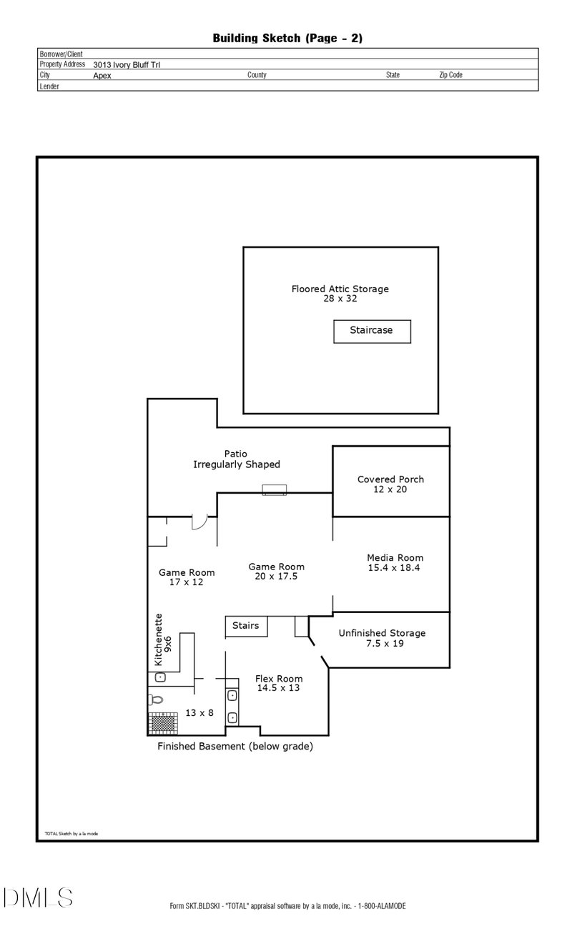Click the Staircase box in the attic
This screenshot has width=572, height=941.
click(x=372, y=331)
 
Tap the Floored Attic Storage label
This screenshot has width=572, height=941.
click(x=340, y=294)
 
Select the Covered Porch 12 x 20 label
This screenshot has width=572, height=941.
click(x=390, y=484)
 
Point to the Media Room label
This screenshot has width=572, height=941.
click(x=395, y=562)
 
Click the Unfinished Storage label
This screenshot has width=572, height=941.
click(x=382, y=638)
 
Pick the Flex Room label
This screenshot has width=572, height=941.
click(x=279, y=683)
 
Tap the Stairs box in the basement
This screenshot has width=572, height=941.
click(x=246, y=626)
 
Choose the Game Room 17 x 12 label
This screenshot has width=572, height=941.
click(x=186, y=577)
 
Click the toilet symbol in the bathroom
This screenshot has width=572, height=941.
click(x=157, y=700)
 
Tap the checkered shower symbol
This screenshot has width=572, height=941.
click(x=163, y=723)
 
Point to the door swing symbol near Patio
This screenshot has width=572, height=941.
click(x=199, y=523)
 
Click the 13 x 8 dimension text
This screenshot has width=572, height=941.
click(x=199, y=712)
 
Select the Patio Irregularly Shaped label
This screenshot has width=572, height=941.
click(x=237, y=459)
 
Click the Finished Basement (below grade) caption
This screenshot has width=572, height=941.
click(x=235, y=747)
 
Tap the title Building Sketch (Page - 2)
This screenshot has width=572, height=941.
click(x=287, y=38)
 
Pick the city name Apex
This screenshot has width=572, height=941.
click(x=102, y=75)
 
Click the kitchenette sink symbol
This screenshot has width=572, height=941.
click(x=161, y=677)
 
